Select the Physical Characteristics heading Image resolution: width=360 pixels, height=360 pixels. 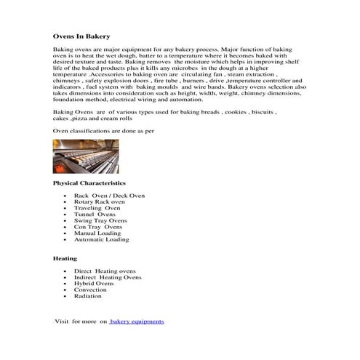point(89,183)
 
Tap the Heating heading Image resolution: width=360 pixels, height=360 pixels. point(65,258)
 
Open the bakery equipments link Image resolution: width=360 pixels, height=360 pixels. point(137,321)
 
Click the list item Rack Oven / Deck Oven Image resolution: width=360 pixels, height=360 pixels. point(109,196)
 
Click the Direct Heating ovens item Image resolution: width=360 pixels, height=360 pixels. point(105,271)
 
